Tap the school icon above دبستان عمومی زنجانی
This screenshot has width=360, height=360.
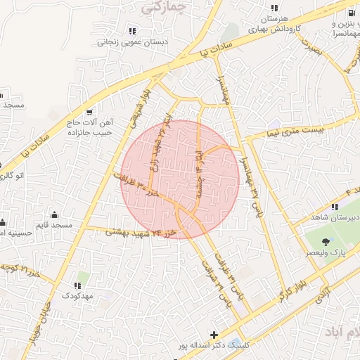(131, 31)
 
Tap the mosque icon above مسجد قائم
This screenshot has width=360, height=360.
(55, 214)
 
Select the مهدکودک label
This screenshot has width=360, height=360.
(77, 297)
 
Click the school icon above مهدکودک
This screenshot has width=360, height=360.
(77, 285)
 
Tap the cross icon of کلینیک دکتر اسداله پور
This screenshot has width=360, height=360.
(214, 335)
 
